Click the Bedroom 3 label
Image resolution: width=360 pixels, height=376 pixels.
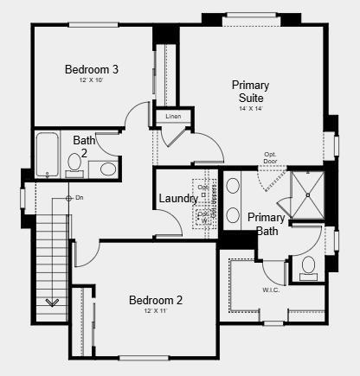click(91, 69)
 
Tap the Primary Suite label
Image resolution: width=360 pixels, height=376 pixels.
click(250, 92)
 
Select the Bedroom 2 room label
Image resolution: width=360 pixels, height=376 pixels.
click(156, 300)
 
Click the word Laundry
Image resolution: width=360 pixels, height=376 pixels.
click(177, 199)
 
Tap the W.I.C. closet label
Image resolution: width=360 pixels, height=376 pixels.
click(272, 290)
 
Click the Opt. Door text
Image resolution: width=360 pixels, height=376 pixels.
click(271, 158)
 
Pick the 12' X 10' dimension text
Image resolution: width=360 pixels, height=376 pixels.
click(91, 80)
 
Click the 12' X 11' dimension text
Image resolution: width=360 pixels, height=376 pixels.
click(156, 311)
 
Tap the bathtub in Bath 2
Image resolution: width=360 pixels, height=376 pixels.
click(47, 154)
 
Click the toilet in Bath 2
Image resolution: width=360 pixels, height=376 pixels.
click(107, 168)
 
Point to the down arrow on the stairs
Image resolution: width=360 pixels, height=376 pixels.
click(52, 302)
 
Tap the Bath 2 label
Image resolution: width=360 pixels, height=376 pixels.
click(84, 145)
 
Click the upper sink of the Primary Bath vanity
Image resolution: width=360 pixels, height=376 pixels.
click(232, 186)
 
